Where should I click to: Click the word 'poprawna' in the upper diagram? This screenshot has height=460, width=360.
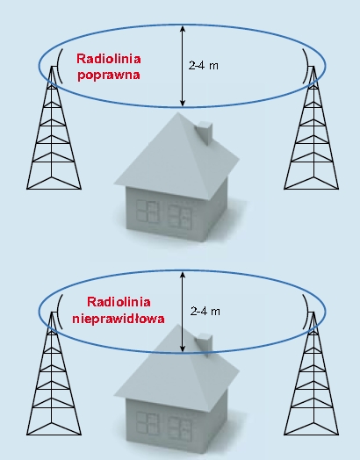(109, 75)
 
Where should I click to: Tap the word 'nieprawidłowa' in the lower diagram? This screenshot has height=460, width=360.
(119, 319)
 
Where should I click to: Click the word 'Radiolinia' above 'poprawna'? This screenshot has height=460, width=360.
(109, 59)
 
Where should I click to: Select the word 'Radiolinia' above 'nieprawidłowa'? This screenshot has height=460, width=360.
(119, 302)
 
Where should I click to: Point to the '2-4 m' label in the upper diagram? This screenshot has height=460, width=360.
(204, 66)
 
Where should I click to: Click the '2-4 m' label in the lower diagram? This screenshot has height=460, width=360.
(205, 311)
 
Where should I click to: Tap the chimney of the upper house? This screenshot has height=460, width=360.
(205, 133)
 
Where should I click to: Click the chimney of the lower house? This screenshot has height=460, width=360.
(205, 345)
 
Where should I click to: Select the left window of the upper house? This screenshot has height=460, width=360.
(148, 212)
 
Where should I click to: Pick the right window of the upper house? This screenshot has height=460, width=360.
(179, 216)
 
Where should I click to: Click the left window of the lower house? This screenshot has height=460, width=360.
(148, 423)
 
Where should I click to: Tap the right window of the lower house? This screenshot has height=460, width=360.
(179, 428)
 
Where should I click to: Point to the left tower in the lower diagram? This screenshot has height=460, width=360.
(54, 373)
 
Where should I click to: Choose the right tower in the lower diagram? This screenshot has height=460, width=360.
(312, 373)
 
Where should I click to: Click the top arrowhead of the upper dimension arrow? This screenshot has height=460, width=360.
(183, 29)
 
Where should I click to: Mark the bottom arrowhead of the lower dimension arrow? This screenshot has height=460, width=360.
(183, 349)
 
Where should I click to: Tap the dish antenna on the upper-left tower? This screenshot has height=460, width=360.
(59, 66)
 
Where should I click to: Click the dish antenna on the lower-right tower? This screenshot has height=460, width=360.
(306, 312)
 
